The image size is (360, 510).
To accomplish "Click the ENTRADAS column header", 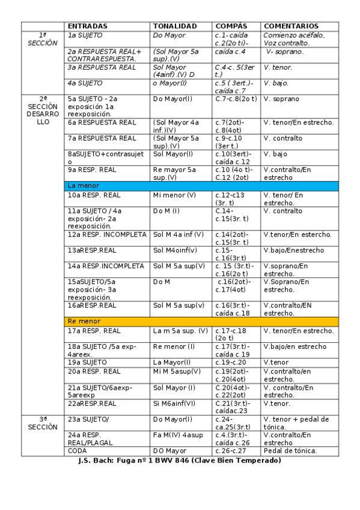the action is click(x=88, y=26).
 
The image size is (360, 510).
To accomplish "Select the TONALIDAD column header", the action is click(x=175, y=26).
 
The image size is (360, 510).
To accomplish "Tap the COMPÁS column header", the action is click(x=231, y=26).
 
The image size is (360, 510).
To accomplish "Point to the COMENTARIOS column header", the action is click(x=291, y=26).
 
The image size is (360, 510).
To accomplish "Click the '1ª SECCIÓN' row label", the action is click(x=43, y=40).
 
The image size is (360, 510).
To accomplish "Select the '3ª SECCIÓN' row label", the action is click(x=43, y=423).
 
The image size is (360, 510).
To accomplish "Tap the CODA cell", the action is click(x=78, y=451).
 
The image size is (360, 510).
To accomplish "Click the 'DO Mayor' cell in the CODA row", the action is click(x=169, y=451).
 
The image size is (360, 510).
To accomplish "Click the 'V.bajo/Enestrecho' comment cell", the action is click(x=293, y=250).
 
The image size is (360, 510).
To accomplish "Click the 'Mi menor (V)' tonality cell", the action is click(x=175, y=195).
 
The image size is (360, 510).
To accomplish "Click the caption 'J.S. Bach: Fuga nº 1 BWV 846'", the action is click(x=180, y=461).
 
